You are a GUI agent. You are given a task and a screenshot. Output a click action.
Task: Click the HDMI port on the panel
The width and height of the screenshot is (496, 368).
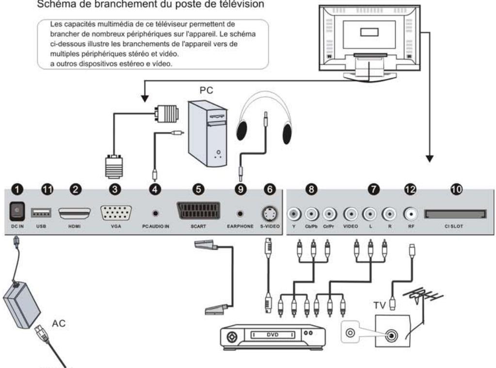[74, 213]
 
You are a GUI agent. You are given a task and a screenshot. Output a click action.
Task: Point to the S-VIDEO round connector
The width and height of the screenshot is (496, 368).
[268, 213]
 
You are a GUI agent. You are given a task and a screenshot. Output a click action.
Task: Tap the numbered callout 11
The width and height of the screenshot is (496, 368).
[47, 190]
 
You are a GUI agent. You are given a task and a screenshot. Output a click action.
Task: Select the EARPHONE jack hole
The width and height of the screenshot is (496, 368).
[240, 213]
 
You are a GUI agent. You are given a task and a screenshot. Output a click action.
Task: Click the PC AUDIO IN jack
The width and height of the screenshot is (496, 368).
[155, 213]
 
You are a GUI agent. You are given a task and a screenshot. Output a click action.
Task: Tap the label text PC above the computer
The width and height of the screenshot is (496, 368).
[207, 91]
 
